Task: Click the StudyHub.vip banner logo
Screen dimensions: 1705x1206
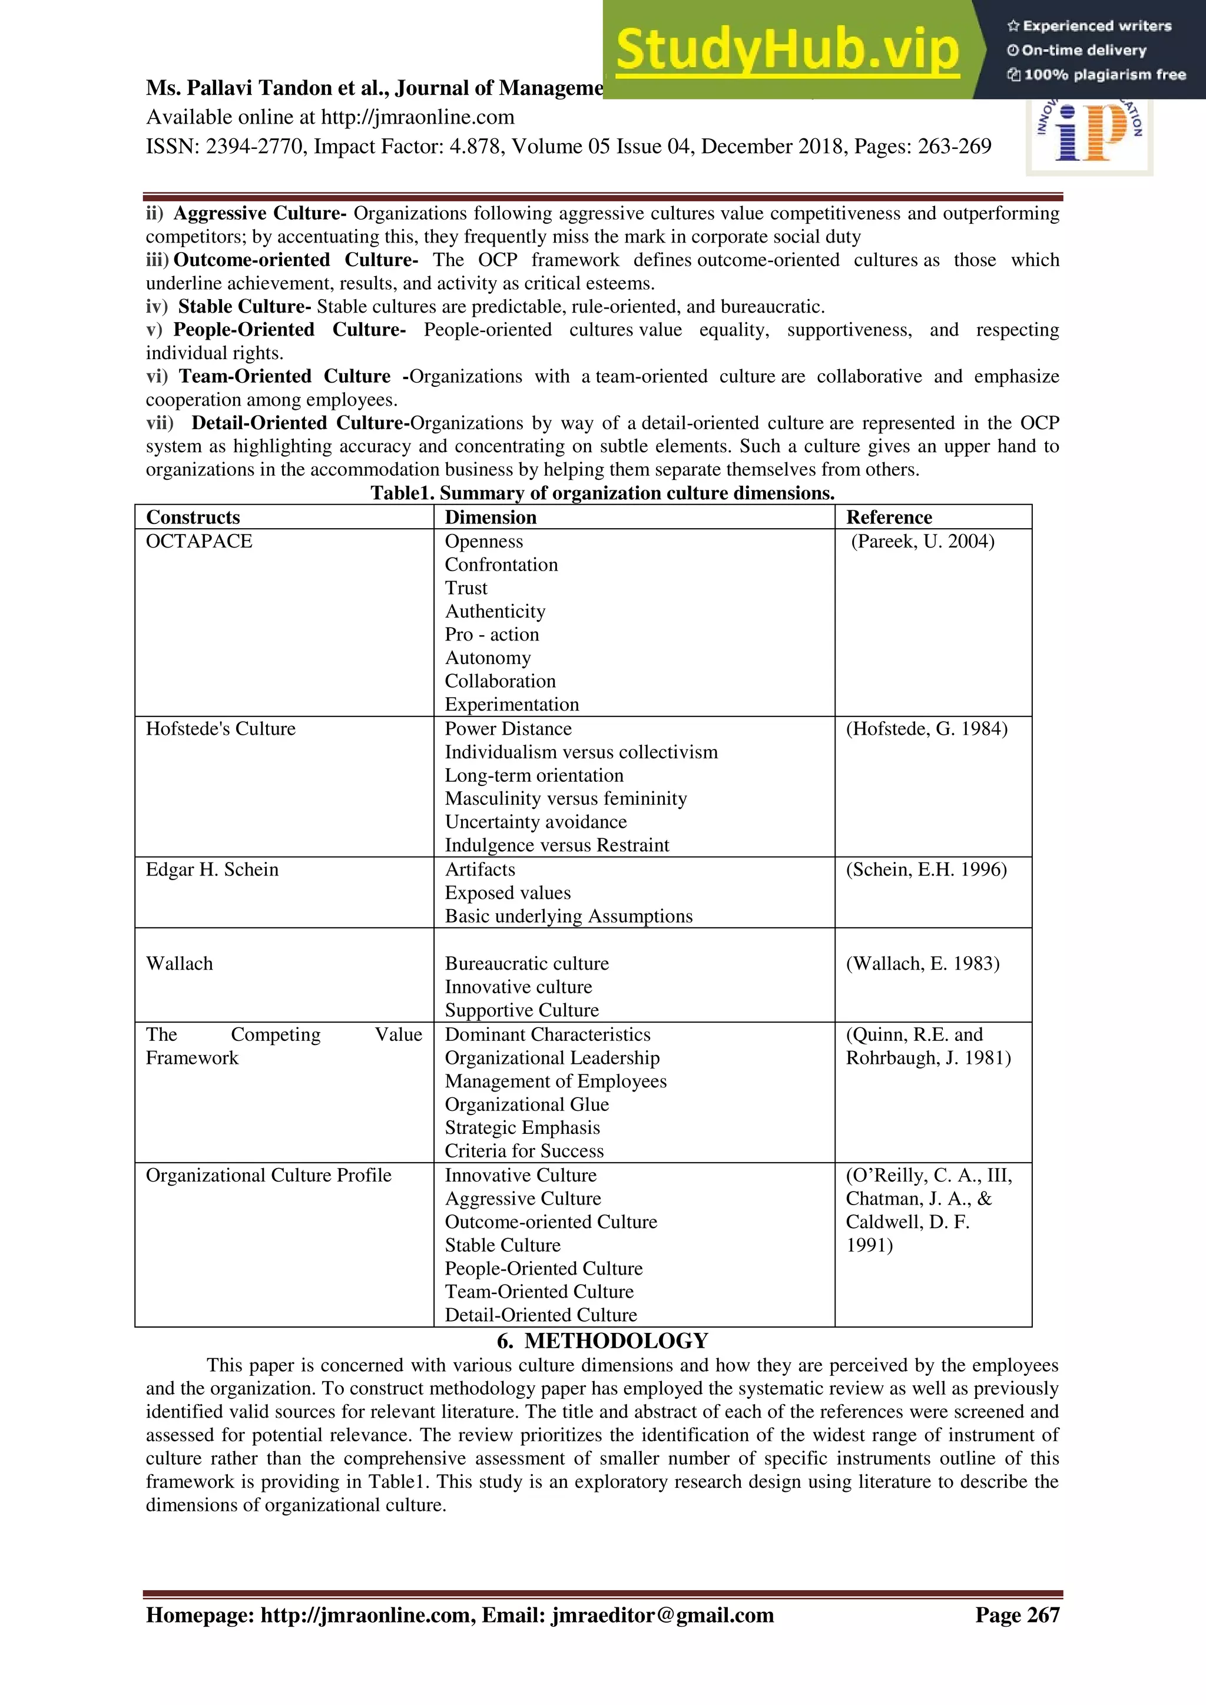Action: coord(787,51)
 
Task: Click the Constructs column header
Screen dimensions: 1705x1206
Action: coord(193,517)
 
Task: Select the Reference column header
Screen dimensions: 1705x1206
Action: coord(889,517)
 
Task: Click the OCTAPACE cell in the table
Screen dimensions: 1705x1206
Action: coord(199,542)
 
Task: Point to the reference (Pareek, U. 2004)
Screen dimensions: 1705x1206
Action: coord(922,542)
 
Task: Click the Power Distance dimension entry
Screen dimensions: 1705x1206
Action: coord(508,728)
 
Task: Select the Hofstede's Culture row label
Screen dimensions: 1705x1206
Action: coord(221,728)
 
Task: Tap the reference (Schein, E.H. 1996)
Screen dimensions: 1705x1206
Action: coord(926,870)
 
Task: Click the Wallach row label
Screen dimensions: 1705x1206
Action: coord(179,964)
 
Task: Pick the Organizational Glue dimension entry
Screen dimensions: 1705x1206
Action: coord(526,1104)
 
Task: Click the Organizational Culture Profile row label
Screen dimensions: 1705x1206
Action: coord(268,1176)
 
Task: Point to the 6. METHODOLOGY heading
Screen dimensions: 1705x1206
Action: coord(602,1341)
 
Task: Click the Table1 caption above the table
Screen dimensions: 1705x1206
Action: coord(602,493)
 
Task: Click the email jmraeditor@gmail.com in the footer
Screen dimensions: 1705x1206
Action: coord(662,1615)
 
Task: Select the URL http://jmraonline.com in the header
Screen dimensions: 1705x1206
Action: coord(418,117)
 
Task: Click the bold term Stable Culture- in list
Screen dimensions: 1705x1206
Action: coord(244,307)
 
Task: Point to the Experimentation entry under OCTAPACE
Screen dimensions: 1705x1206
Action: coord(512,705)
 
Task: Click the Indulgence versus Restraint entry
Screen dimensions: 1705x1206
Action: coord(557,845)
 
